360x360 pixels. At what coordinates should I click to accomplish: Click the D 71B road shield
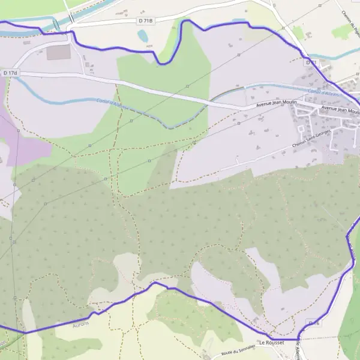[145, 20]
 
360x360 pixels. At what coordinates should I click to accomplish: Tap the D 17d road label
[10, 73]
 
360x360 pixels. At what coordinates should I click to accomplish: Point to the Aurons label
[80, 323]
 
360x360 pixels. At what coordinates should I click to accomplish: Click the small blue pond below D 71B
[142, 36]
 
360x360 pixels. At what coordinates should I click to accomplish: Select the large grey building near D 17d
[58, 53]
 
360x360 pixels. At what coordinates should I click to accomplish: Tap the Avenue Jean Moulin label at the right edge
[340, 110]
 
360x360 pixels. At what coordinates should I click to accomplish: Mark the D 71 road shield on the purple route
[310, 62]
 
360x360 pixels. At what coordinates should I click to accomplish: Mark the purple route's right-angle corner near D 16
[298, 339]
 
